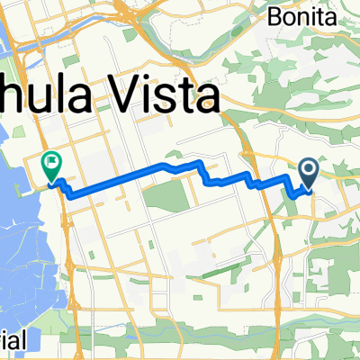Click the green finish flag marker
[51, 164]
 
